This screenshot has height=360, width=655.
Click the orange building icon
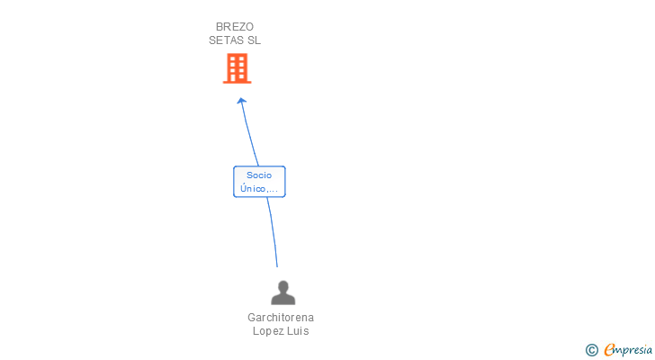(x=237, y=68)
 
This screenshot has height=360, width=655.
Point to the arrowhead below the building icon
(x=241, y=101)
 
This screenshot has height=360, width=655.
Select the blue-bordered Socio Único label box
(x=259, y=182)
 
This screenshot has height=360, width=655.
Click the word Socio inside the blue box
(x=259, y=175)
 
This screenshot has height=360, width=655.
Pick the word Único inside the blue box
(x=253, y=189)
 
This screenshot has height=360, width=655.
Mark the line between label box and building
(x=249, y=135)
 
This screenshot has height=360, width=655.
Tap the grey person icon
(x=283, y=292)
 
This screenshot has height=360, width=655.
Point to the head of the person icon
(x=283, y=286)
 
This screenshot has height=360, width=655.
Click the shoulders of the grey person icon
(x=283, y=299)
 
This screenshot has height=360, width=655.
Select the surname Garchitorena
(x=281, y=318)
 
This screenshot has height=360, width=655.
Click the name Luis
(x=299, y=331)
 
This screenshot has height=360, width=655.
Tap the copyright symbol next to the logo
(x=591, y=350)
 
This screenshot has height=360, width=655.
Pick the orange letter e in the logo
(x=609, y=350)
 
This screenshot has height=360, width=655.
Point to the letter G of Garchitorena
(x=251, y=318)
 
